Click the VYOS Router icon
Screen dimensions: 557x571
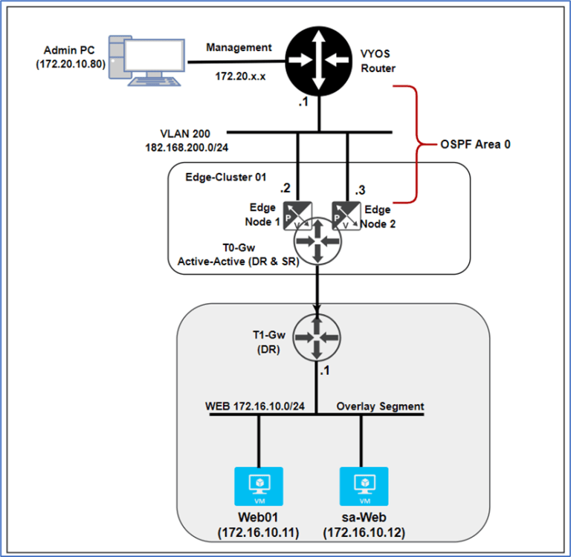tap(319, 58)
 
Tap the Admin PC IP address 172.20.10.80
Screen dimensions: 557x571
tap(71, 64)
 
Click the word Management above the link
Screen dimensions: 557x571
tap(239, 48)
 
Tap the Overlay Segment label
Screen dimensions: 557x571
tap(380, 406)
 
